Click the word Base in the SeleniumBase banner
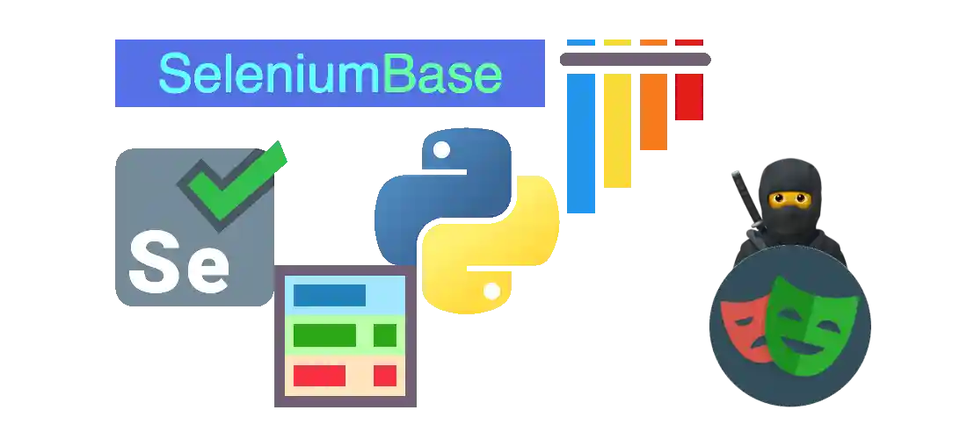click(442, 73)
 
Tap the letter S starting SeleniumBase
click(174, 73)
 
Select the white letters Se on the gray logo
click(178, 261)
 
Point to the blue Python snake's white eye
click(441, 149)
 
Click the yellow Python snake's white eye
click(491, 291)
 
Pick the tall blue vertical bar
click(581, 143)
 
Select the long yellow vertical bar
click(617, 131)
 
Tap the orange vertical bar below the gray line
click(654, 112)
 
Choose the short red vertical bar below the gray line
click(689, 97)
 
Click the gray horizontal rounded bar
click(636, 60)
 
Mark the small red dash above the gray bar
click(689, 42)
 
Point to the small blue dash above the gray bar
click(581, 42)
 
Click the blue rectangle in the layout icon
click(330, 295)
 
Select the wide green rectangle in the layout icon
click(324, 335)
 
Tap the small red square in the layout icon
click(385, 376)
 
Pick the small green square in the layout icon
click(385, 335)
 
